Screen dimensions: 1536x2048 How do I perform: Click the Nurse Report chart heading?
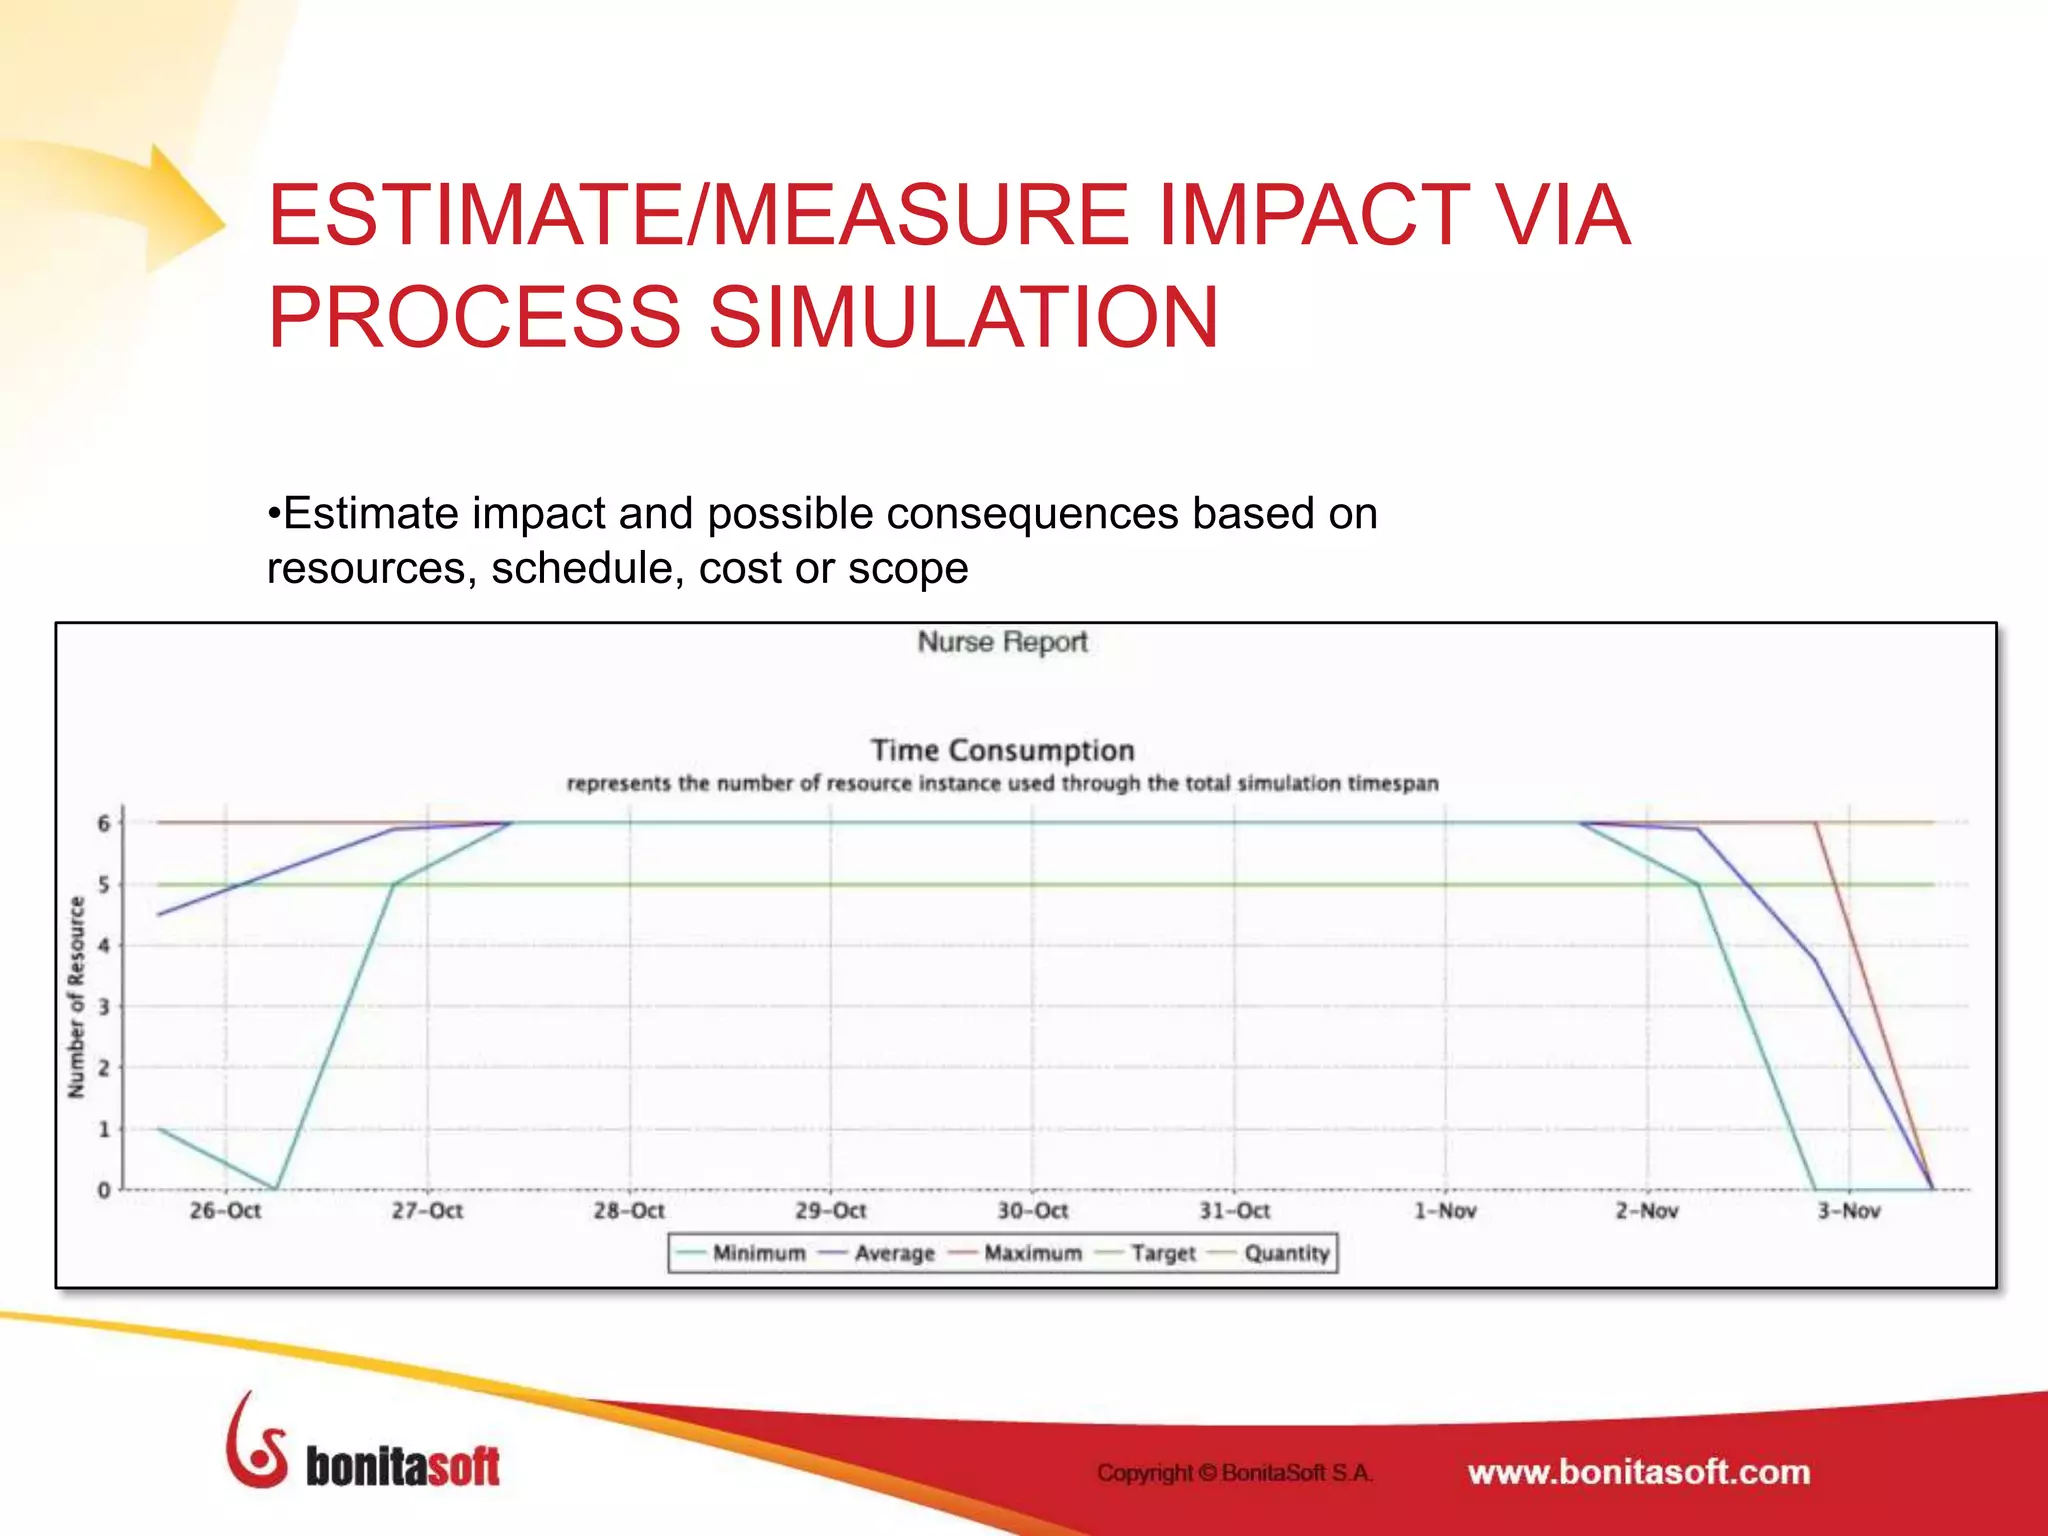[1002, 642]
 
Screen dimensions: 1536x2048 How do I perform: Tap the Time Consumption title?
[1002, 750]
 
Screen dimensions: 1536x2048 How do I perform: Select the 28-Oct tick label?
[629, 1211]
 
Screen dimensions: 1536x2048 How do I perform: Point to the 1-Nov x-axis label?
[1444, 1211]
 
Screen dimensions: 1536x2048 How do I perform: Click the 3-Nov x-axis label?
[1848, 1211]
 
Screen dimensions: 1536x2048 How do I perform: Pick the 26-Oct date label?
[225, 1211]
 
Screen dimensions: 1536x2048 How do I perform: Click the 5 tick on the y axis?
[104, 885]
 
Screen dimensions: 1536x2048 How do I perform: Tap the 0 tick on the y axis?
[104, 1190]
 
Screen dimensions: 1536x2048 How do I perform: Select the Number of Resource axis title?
[76, 997]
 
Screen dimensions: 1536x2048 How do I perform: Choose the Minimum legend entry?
[758, 1253]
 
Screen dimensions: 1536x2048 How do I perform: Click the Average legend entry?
[893, 1253]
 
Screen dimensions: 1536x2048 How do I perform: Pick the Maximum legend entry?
[1032, 1253]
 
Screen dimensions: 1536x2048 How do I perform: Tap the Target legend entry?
[1162, 1253]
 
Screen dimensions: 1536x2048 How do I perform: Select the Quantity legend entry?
[1286, 1253]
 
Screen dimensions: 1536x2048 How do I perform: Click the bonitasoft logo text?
[402, 1468]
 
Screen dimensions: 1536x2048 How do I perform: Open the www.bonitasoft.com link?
[1638, 1472]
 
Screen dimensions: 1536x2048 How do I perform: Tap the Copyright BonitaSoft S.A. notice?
[1235, 1472]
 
